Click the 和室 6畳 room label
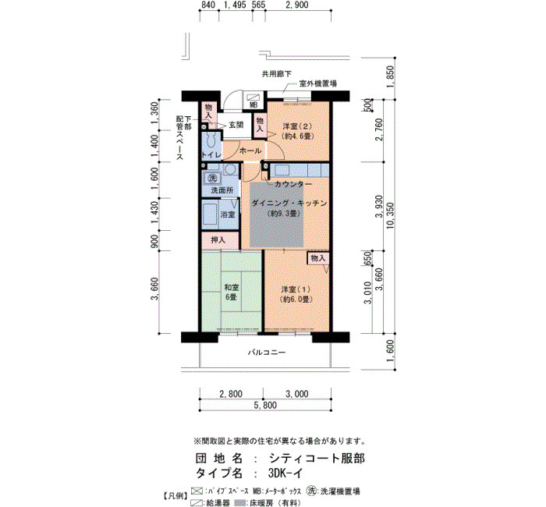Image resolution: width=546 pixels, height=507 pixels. click(x=232, y=292)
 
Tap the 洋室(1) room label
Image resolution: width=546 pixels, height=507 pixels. click(x=296, y=294)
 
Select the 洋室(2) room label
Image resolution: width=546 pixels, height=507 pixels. click(x=296, y=130)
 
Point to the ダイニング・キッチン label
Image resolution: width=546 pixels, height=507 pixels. click(x=289, y=203)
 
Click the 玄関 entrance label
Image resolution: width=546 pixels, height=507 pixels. click(x=236, y=125)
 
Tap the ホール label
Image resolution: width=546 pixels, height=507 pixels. click(x=250, y=151)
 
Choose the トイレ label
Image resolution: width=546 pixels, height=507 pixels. click(x=211, y=155)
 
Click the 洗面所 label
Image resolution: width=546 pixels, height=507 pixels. click(x=222, y=190)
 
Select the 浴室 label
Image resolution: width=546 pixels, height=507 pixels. click(x=228, y=214)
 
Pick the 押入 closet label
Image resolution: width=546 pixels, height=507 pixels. click(x=218, y=240)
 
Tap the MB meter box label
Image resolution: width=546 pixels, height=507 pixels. click(x=253, y=104)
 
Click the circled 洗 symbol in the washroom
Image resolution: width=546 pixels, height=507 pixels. click(x=212, y=179)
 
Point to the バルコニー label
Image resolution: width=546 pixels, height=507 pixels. click(x=267, y=353)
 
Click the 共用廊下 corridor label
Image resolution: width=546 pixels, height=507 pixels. click(x=277, y=74)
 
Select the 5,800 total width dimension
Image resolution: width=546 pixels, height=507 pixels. click(x=265, y=405)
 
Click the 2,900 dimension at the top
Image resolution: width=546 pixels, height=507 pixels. click(x=296, y=5)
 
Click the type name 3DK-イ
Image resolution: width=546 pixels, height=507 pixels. click(x=285, y=473)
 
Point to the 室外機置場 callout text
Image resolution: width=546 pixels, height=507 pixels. click(x=318, y=83)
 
